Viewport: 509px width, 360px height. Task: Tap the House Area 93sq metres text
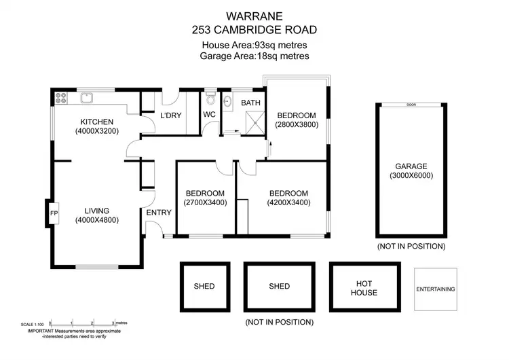(x=254, y=45)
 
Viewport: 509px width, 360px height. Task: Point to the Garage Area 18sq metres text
(x=254, y=56)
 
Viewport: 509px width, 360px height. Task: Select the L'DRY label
(x=170, y=115)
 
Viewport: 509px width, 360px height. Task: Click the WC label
(x=209, y=115)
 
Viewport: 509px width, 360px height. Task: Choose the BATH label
(x=251, y=103)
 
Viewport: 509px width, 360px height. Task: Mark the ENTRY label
(x=159, y=212)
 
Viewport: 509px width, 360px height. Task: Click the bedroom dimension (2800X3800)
(x=296, y=125)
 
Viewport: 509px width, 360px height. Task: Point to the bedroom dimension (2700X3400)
(x=205, y=202)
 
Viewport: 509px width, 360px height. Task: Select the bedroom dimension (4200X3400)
(x=288, y=202)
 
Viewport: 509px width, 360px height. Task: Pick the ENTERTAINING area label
(x=435, y=289)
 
